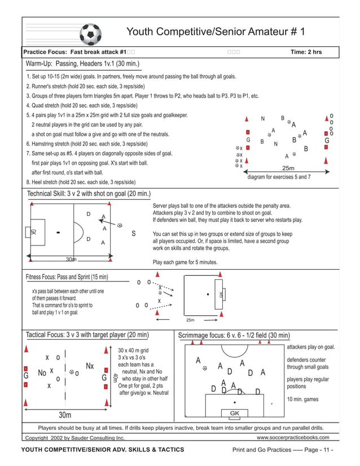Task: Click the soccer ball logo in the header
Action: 90,34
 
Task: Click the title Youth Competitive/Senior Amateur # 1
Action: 215,32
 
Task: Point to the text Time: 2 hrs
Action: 306,52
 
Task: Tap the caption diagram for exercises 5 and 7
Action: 279,177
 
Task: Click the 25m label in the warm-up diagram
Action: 289,168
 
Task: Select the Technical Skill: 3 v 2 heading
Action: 89,194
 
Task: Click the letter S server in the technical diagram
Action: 134,233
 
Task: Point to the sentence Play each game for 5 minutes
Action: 185,262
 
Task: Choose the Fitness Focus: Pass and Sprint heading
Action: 67,277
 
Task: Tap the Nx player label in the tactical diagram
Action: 90,366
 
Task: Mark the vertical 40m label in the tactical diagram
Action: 115,377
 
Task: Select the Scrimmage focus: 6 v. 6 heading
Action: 234,335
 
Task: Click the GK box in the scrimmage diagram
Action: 235,414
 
